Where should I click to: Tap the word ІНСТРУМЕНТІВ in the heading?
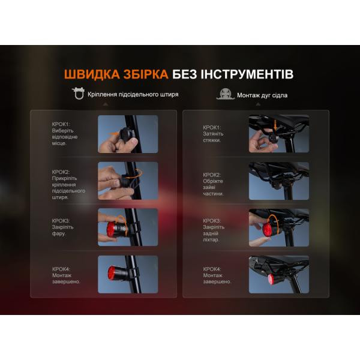click(x=247, y=74)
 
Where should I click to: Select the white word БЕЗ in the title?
click(x=184, y=74)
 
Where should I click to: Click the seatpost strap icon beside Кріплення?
click(x=78, y=94)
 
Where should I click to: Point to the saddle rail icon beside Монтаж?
click(x=225, y=94)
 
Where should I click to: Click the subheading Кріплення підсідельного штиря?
click(x=133, y=94)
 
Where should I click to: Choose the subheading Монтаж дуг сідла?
click(x=262, y=95)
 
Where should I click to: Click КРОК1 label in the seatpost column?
click(x=61, y=124)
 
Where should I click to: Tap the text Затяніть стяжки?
click(x=213, y=137)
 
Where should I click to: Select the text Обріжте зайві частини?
click(x=213, y=187)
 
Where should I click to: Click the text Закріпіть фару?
click(x=62, y=230)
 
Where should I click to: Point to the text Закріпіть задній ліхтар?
click(x=214, y=233)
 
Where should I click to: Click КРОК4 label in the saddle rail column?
click(x=212, y=269)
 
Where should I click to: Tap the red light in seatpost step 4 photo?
click(x=112, y=273)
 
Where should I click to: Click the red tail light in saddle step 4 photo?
click(x=271, y=280)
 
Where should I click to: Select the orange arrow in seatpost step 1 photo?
click(x=114, y=133)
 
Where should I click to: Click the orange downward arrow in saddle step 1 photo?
click(x=275, y=125)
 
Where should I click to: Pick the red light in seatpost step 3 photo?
click(x=111, y=229)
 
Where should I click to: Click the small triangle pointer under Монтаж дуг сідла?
click(x=258, y=104)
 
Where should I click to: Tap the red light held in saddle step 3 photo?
click(x=267, y=229)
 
